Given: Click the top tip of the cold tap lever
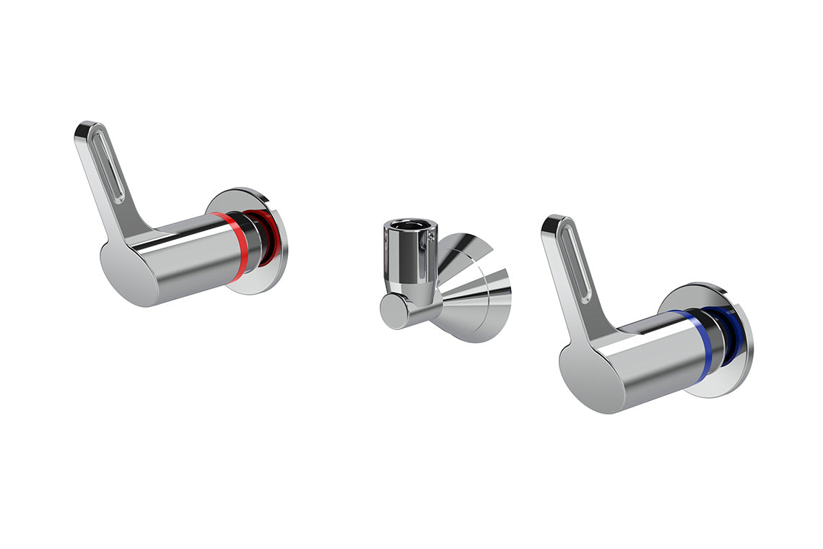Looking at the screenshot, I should (552, 220).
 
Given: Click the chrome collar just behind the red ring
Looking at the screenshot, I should (252, 242).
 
